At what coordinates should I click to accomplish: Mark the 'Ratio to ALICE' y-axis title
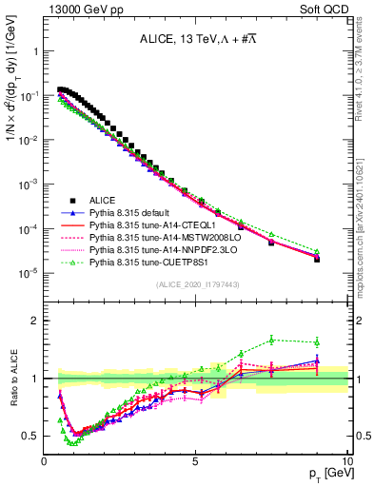pos(14,379)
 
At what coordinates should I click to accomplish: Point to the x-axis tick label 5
pos(196,460)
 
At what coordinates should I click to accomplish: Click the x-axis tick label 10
pos(346,460)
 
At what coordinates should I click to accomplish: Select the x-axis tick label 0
pos(45,460)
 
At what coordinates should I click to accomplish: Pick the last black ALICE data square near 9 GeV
pos(317,259)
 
